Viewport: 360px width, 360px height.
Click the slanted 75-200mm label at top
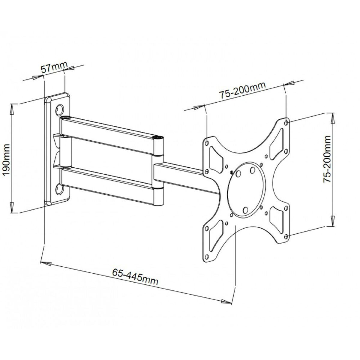[x=242, y=90]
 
